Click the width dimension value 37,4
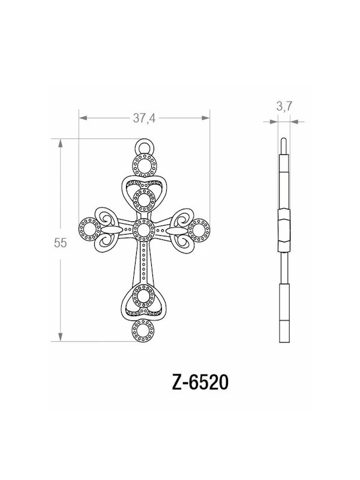pyautogui.click(x=144, y=118)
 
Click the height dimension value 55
pyautogui.click(x=59, y=243)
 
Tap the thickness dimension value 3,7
pyautogui.click(x=284, y=107)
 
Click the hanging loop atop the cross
pyautogui.click(x=144, y=146)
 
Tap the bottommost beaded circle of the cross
pyautogui.click(x=144, y=329)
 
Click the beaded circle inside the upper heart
pyautogui.click(x=144, y=199)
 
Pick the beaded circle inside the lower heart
pyautogui.click(x=144, y=296)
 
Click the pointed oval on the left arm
pyautogui.click(x=112, y=230)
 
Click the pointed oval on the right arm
pyautogui.click(x=176, y=230)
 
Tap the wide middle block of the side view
pyautogui.click(x=284, y=230)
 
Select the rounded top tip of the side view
pyautogui.click(x=284, y=141)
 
